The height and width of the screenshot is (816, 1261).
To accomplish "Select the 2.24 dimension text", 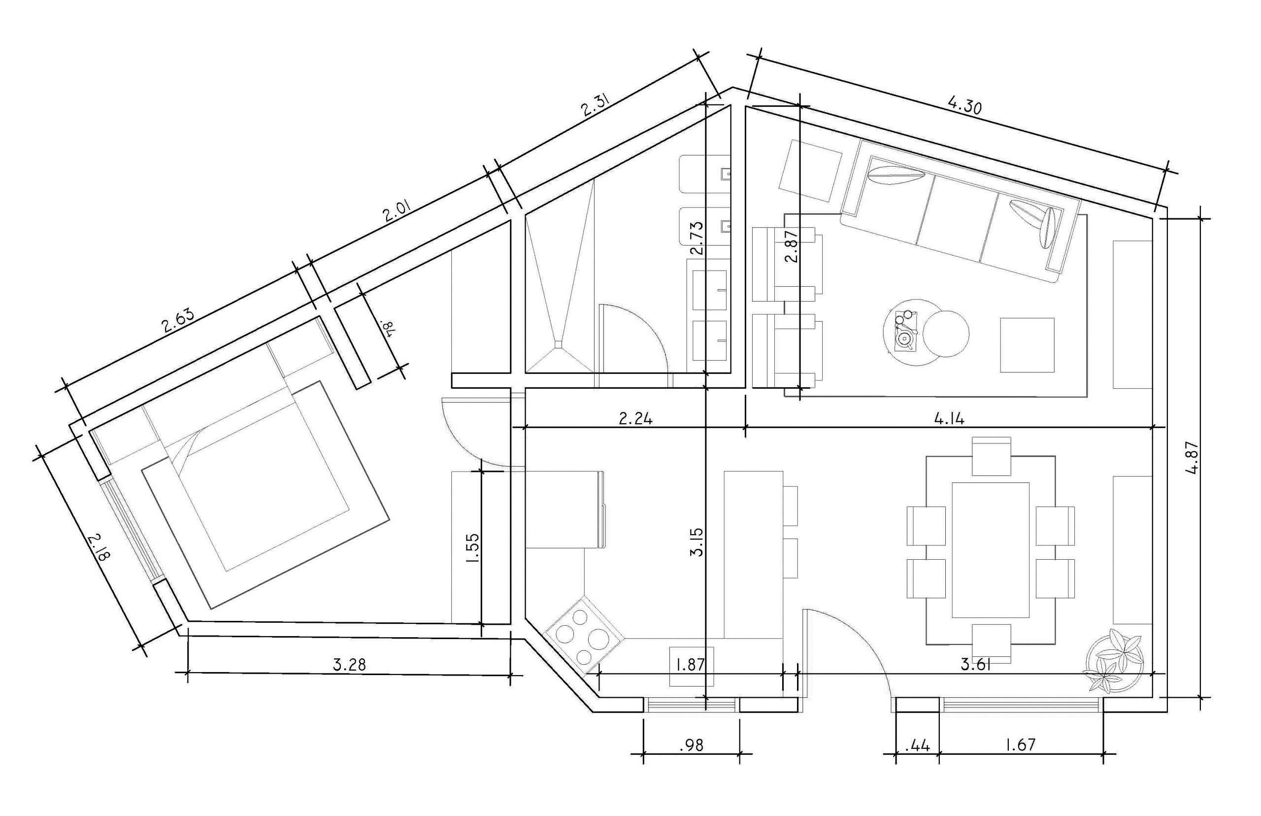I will tap(635, 419).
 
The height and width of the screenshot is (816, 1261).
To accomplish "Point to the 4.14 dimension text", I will tap(949, 419).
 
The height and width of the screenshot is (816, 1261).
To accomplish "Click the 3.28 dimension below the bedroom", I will tap(350, 664).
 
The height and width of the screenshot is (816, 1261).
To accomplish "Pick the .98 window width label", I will tap(691, 746).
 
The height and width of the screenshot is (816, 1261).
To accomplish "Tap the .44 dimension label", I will tap(917, 746).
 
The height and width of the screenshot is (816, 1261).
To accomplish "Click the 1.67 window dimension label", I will tap(1020, 745).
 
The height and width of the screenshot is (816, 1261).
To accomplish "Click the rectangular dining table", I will tap(990, 550).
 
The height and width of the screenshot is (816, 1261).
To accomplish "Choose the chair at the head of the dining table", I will tap(991, 456).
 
